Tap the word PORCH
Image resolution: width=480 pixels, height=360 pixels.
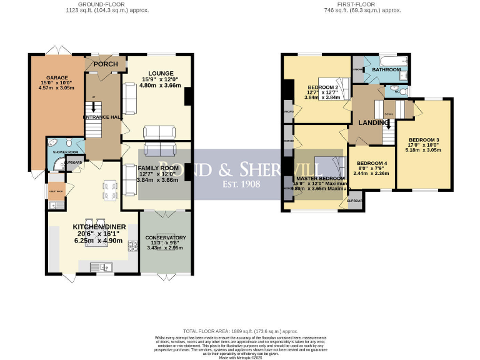(x=102, y=64)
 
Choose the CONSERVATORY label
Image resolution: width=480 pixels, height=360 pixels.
(x=166, y=237)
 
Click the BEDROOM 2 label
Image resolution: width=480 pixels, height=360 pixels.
(x=323, y=87)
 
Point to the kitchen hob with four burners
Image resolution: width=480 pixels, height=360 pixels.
(x=132, y=246)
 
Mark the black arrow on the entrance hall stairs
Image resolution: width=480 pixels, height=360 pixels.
(x=94, y=109)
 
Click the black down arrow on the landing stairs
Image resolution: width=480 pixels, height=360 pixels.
(x=387, y=123)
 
